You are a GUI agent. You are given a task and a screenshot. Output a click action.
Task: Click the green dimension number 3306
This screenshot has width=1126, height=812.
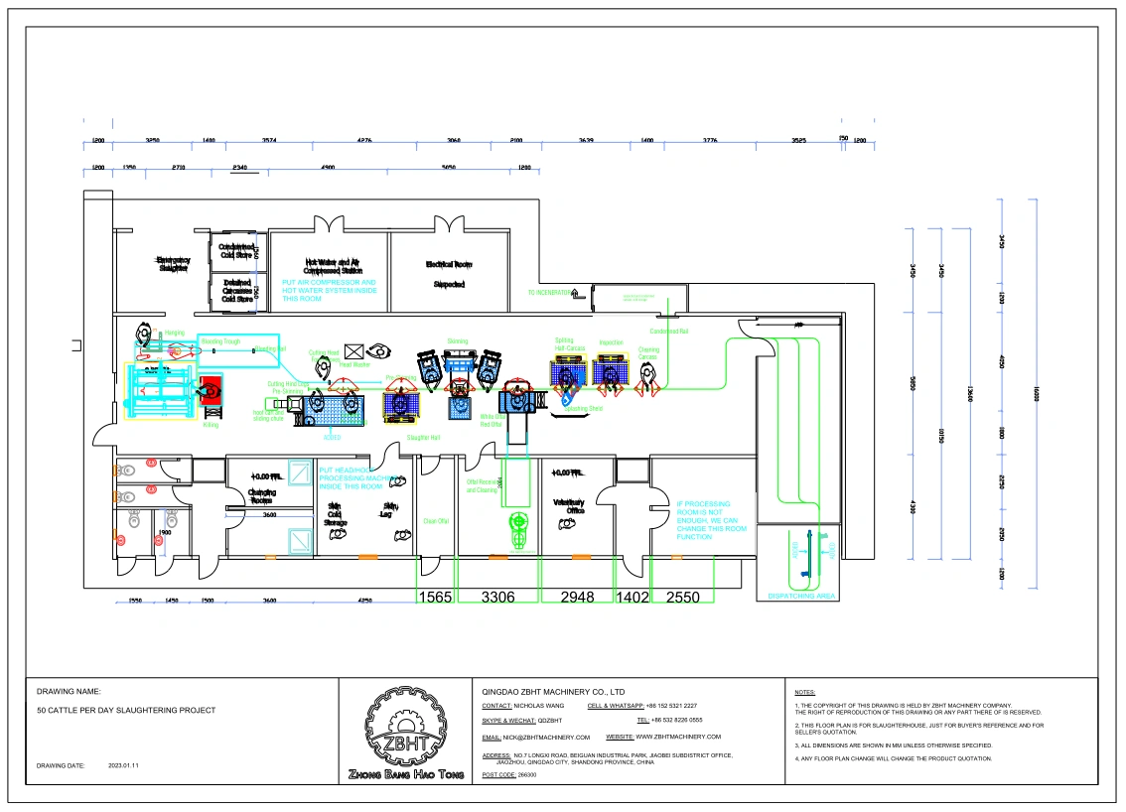497,597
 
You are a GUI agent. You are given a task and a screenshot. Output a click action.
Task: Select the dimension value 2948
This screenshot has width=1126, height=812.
577,597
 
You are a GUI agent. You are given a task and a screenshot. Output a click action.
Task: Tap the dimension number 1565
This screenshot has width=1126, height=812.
435,597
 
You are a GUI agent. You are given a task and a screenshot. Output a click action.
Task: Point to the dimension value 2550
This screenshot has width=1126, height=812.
682,597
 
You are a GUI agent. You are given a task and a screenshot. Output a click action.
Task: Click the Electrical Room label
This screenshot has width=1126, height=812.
449,264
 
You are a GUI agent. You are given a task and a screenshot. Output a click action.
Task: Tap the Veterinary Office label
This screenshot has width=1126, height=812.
568,505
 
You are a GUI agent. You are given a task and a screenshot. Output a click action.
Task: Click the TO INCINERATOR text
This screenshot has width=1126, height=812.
549,293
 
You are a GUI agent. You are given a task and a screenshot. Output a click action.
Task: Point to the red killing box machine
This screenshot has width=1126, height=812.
211,393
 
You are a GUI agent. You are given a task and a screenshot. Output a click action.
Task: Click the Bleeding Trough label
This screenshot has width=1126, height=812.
220,341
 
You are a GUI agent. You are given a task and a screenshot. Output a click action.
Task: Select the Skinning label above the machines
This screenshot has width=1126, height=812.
457,340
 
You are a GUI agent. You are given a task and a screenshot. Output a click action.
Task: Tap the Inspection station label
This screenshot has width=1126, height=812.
611,342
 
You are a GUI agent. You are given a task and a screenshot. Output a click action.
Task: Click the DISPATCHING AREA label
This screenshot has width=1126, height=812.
801,596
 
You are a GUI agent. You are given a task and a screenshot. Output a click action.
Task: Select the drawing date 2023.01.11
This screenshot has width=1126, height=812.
123,765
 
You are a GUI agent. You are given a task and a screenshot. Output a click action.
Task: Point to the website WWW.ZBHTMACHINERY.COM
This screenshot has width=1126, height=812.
678,737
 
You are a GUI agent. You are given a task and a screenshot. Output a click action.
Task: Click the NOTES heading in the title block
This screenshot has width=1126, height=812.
805,692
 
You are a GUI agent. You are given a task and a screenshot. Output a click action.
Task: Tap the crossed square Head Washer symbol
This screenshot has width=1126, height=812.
353,351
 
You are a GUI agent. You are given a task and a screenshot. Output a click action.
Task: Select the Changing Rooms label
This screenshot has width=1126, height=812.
262,496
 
